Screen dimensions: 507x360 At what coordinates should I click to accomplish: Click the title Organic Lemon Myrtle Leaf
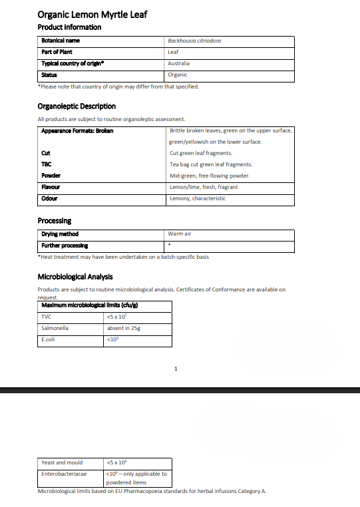tap(92, 14)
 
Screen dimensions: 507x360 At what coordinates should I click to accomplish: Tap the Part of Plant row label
tap(57, 52)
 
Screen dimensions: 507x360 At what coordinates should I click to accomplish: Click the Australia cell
tap(180, 63)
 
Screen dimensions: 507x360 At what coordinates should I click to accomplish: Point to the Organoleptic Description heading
tap(77, 106)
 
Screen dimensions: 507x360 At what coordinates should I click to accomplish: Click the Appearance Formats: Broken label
tap(77, 130)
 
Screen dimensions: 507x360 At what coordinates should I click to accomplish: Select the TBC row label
tap(47, 164)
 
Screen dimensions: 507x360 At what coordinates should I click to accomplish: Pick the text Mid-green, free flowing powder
tap(210, 176)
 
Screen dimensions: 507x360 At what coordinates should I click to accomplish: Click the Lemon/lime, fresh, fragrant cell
tap(204, 187)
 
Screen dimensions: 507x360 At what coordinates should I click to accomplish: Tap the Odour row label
tap(49, 198)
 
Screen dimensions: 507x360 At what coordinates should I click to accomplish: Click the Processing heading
tap(55, 221)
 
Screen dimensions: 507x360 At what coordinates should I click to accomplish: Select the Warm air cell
tap(180, 234)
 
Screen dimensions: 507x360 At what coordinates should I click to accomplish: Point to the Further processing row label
tap(65, 246)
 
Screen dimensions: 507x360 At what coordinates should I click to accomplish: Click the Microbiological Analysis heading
tap(75, 277)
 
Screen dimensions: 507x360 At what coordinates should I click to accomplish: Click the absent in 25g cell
tap(123, 328)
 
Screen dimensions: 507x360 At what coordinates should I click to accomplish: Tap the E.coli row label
tap(49, 339)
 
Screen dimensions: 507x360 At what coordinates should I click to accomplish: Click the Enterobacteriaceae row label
tap(64, 474)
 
